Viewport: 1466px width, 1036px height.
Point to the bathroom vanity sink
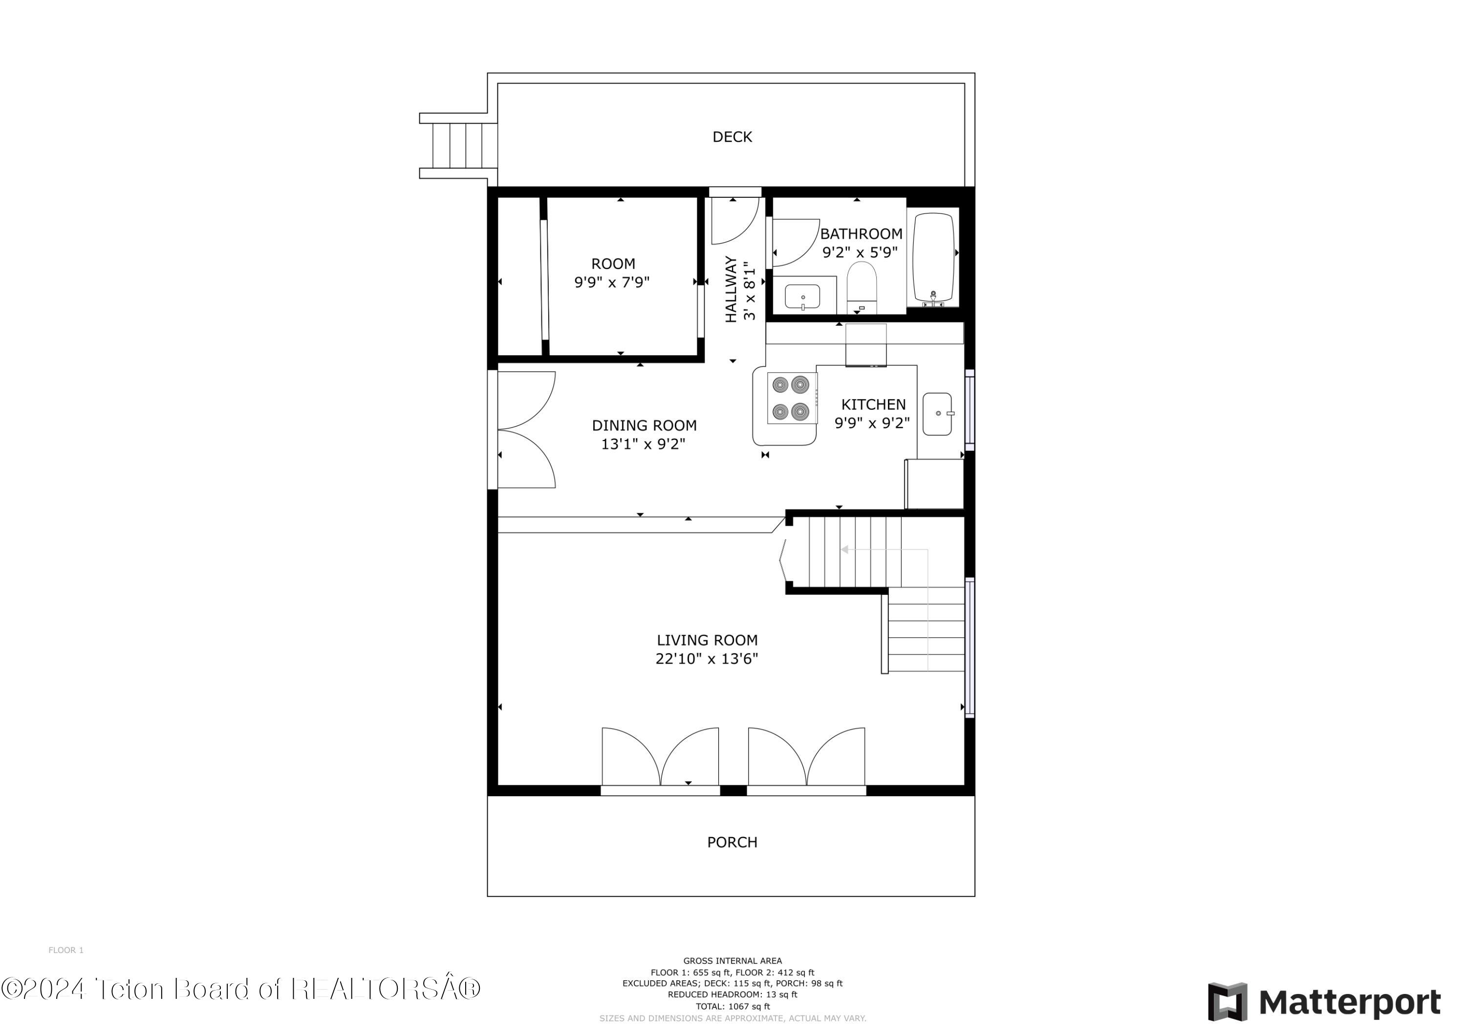802,297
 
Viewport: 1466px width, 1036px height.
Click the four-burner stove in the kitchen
792,398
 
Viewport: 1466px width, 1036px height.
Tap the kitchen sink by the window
937,414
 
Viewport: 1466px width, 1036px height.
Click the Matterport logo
1324,1001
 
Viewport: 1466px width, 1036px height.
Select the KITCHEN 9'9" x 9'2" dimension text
872,423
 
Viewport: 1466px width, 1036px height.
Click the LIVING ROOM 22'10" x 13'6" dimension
706,658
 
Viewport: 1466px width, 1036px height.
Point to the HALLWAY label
731,289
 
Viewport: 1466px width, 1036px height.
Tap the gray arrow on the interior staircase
845,550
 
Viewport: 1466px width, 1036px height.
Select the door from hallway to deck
734,221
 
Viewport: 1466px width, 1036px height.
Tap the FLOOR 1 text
66,950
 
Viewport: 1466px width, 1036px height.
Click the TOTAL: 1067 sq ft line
733,1007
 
